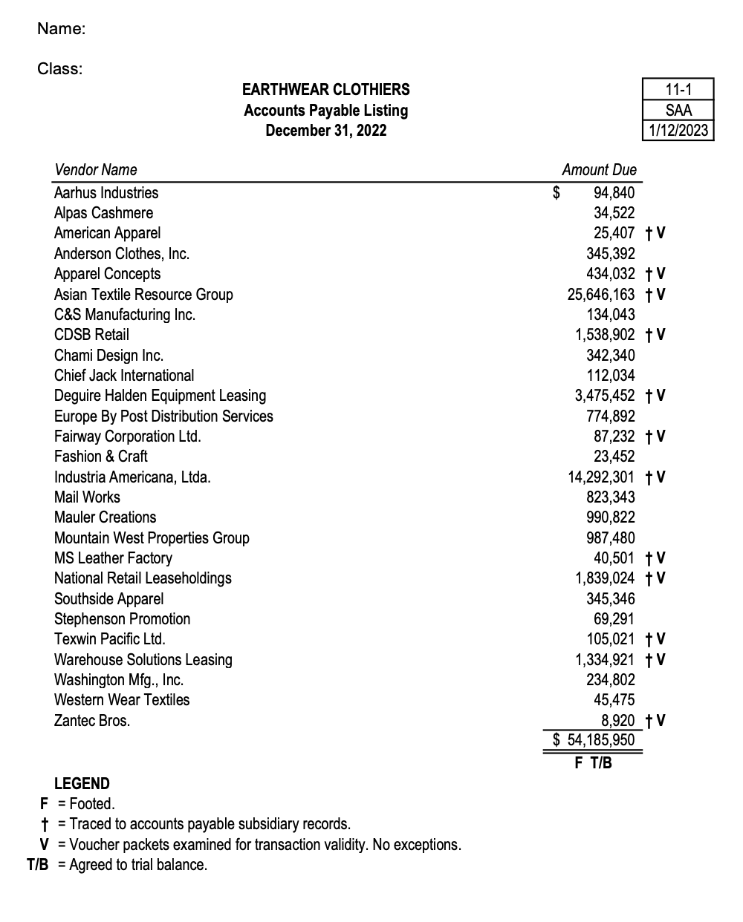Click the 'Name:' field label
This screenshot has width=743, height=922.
[61, 29]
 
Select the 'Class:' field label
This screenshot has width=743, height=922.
[60, 69]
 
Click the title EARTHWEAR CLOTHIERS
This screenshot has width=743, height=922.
[325, 90]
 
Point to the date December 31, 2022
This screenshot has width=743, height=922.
[325, 131]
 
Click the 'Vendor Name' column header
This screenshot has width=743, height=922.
[95, 170]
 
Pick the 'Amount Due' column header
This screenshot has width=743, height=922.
[599, 170]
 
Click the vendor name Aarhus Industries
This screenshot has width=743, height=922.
[106, 193]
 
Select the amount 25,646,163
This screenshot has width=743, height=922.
[601, 295]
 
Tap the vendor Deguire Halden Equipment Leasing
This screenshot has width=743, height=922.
[160, 396]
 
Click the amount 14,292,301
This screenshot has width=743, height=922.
[601, 477]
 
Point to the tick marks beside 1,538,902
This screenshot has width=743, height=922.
[655, 335]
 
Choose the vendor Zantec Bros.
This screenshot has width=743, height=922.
[92, 721]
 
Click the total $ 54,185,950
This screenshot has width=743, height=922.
[594, 740]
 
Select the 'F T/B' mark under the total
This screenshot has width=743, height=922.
[593, 762]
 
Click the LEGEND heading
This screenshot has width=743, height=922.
[82, 784]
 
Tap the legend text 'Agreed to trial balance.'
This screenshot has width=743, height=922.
[138, 865]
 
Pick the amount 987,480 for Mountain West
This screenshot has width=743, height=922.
[611, 538]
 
